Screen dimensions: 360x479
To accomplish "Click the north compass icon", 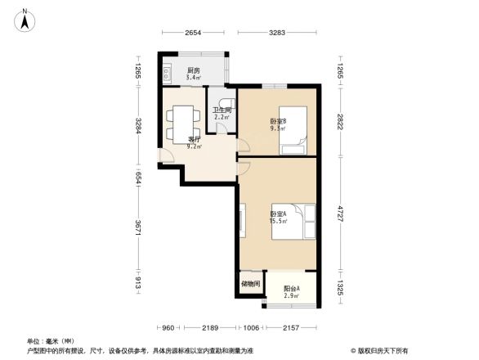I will point(25,19).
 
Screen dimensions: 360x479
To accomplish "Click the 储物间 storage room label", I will point(250,284).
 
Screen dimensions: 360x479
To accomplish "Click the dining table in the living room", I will point(181,123).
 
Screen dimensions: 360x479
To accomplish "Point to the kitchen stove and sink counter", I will point(166,74).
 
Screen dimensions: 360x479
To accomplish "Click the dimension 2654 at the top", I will point(192,33).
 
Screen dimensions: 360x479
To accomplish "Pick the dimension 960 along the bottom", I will point(167,328).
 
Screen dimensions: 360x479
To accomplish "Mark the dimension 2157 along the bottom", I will point(289,328).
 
